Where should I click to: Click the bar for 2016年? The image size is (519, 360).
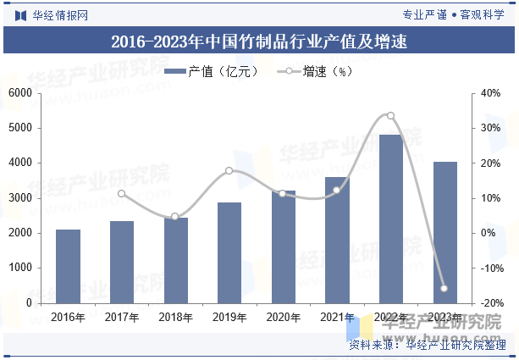68,266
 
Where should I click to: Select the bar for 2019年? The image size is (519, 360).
229,252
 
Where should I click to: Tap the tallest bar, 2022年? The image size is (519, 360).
390,219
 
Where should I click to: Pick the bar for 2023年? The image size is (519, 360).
444,232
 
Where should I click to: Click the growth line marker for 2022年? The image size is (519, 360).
390,116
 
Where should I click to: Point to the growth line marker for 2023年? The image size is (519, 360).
444,289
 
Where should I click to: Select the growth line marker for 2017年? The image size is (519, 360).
122,194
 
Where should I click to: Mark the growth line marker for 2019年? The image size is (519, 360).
229,171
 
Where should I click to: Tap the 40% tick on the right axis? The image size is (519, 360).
491,92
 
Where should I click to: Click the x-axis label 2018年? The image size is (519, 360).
175,318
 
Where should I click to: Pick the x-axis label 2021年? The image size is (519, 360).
337,318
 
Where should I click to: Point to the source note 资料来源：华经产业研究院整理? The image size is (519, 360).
427,345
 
